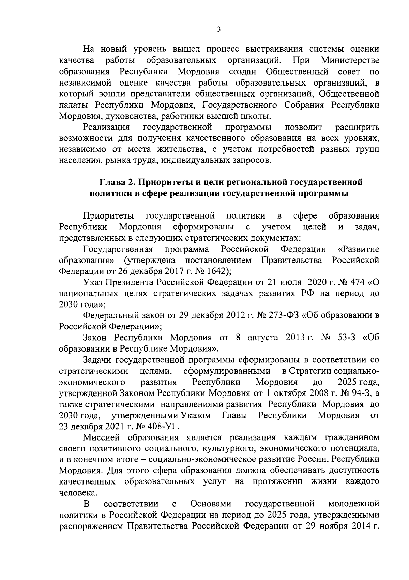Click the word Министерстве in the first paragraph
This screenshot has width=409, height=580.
click(350, 61)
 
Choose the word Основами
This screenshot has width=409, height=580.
click(211, 504)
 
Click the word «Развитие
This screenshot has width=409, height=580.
click(358, 249)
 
